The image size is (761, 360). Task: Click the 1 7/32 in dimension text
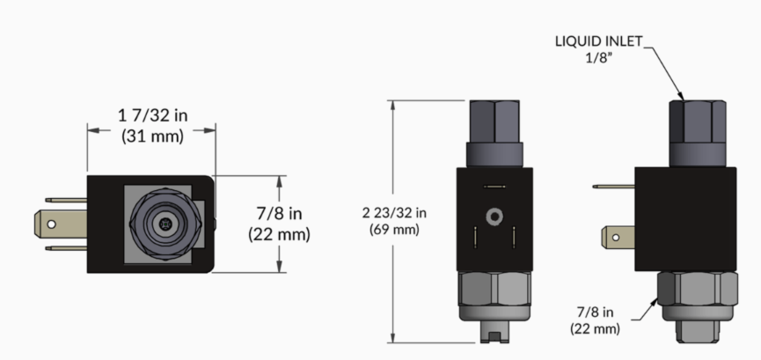(153, 115)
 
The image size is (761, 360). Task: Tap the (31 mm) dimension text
(153, 136)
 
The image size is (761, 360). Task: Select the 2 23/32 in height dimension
(394, 213)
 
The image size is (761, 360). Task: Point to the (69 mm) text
(394, 230)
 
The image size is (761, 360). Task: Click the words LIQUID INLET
(599, 41)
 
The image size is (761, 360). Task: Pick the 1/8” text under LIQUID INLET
(599, 58)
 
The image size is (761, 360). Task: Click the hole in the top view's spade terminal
(51, 224)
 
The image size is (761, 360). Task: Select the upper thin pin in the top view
(66, 200)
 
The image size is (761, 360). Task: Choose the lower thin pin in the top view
(66, 248)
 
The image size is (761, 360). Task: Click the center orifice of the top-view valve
(166, 224)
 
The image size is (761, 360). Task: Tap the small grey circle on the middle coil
(494, 217)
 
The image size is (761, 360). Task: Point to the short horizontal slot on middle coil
(494, 187)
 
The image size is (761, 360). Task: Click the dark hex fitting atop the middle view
(494, 121)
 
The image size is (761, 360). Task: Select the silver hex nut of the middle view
(494, 288)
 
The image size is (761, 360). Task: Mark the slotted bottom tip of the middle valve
(494, 332)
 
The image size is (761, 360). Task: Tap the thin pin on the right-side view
(614, 186)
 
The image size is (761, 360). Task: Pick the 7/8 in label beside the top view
(279, 213)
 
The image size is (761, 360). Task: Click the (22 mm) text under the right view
(595, 329)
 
